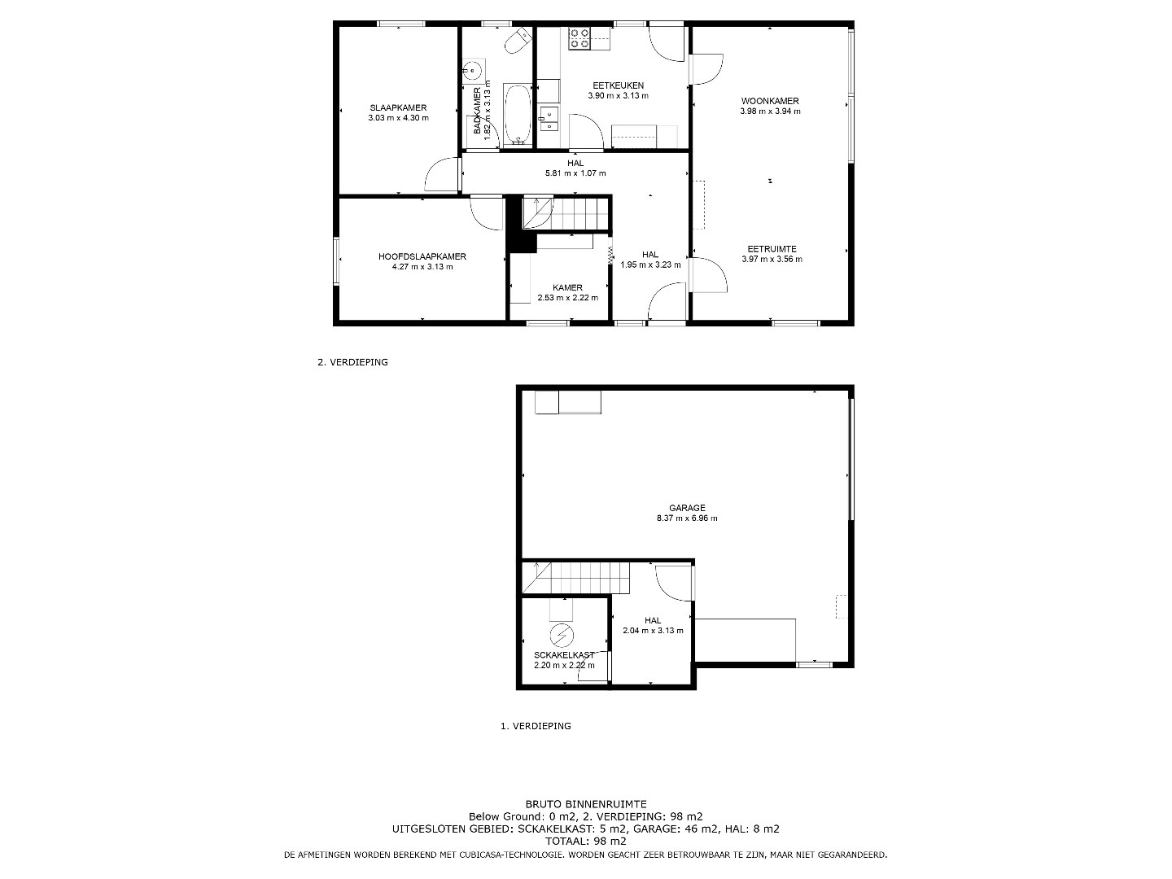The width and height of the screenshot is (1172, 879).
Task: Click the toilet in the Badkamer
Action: click(518, 41)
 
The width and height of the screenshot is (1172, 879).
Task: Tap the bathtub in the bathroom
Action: click(518, 114)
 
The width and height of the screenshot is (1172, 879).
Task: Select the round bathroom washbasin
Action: click(473, 70)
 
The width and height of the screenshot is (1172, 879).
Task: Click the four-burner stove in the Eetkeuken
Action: click(579, 38)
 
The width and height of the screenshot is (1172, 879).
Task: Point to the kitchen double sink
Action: click(549, 118)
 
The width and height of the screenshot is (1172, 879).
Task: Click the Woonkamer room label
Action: click(770, 101)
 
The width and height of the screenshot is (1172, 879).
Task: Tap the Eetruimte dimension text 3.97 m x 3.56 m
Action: click(772, 260)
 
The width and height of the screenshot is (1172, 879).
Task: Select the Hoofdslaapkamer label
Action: click(422, 256)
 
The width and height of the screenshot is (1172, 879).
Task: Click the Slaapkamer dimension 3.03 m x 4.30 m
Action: click(398, 118)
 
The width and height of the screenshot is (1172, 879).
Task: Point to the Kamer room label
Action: click(567, 287)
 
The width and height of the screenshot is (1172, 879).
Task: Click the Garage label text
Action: click(687, 508)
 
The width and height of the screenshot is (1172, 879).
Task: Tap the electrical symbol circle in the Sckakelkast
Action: click(562, 635)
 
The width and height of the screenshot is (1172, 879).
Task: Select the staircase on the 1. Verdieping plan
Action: click(576, 578)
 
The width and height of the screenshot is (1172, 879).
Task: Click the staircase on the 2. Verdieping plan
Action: click(566, 213)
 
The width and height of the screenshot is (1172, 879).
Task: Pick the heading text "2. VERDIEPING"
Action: click(352, 362)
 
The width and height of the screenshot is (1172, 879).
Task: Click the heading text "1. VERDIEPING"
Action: click(536, 726)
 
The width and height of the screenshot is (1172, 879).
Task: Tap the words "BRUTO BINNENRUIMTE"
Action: click(586, 804)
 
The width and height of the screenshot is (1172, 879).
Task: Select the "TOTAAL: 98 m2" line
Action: click(586, 841)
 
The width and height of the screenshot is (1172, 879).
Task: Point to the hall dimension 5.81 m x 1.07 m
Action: click(575, 173)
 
